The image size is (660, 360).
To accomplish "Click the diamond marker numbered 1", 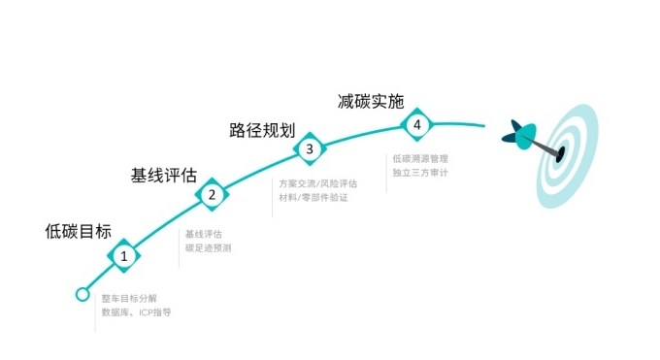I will click(x=124, y=256).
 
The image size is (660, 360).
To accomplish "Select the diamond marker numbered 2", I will click(x=211, y=194).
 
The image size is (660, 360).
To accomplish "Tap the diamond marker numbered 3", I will click(x=309, y=149).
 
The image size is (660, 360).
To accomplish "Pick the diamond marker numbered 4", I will click(x=416, y=125).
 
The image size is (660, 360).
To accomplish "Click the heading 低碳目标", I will click(x=79, y=232).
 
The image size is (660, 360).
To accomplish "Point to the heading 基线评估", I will click(x=164, y=176).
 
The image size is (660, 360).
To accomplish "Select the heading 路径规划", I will click(x=261, y=130).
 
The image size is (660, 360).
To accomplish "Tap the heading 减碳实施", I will click(x=370, y=101).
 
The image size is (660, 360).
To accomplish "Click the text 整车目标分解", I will click(x=128, y=297).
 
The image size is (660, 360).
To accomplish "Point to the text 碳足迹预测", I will click(x=208, y=248).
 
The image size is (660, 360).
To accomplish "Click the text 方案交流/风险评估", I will click(x=317, y=183).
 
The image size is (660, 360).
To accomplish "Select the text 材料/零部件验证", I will click(x=313, y=198).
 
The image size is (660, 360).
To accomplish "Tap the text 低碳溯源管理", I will click(x=420, y=158).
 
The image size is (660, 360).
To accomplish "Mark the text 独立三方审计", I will click(x=420, y=173).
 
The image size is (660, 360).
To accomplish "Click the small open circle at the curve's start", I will click(x=82, y=294).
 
